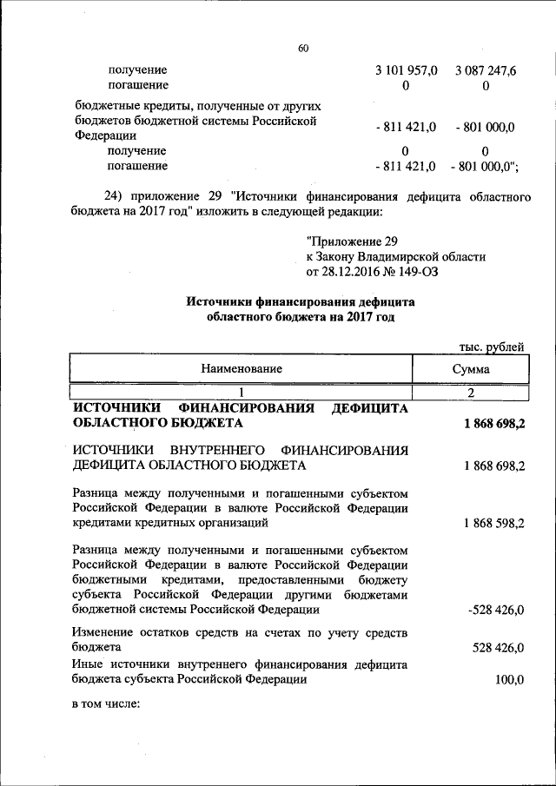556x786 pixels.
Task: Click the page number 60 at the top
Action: (303, 49)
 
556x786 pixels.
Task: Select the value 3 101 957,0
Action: (405, 69)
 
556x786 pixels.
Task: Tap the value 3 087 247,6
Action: (485, 69)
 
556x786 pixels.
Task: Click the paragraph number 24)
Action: (107, 197)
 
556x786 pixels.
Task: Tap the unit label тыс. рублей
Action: (493, 347)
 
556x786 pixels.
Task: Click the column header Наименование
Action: (242, 369)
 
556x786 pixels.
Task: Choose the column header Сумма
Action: (470, 369)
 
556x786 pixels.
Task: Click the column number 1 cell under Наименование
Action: (242, 393)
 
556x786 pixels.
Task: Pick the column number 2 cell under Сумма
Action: (470, 393)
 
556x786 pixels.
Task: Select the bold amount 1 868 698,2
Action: (494, 423)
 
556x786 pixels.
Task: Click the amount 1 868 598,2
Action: (495, 523)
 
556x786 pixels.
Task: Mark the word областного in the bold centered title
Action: (242, 318)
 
